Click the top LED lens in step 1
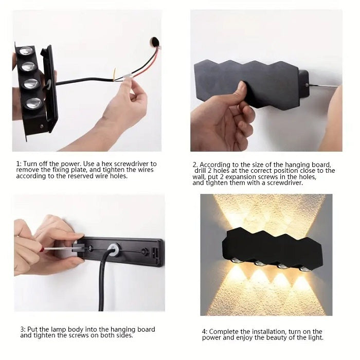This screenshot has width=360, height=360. click(25, 51)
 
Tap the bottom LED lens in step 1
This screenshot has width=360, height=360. click(33, 102)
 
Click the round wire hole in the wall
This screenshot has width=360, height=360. click(154, 41)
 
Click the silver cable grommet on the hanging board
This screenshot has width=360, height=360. click(114, 250)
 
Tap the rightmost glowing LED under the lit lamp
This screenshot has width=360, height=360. click(304, 268)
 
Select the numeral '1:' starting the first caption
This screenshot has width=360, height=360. click(19, 164)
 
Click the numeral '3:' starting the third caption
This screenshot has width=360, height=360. click(23, 330)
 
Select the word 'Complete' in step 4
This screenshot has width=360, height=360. click(225, 332)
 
